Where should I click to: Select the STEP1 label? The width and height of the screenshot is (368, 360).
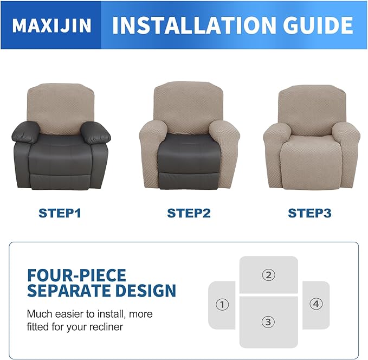tap(60, 213)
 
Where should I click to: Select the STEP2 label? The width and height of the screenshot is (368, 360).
tap(189, 213)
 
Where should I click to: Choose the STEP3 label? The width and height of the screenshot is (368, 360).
tap(309, 213)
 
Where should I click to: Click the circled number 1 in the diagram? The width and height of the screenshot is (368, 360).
tap(222, 305)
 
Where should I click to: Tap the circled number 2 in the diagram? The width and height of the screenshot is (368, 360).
tap(268, 275)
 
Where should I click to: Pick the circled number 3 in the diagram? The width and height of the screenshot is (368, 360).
tap(268, 322)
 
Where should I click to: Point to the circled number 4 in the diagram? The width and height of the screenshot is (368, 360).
tap(316, 304)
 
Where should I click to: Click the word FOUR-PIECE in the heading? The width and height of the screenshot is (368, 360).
tap(76, 275)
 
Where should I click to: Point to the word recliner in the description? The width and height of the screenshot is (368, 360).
tap(106, 327)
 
